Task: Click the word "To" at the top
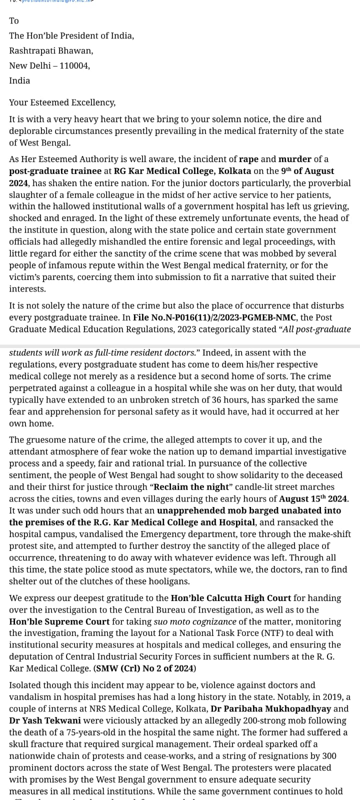click(x=14, y=21)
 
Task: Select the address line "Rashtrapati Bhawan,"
click(x=51, y=50)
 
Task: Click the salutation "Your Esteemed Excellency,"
click(x=62, y=102)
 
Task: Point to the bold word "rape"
click(x=248, y=159)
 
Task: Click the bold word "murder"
click(x=294, y=159)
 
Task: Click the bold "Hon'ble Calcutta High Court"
click(x=230, y=598)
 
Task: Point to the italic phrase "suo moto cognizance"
click(x=194, y=622)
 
